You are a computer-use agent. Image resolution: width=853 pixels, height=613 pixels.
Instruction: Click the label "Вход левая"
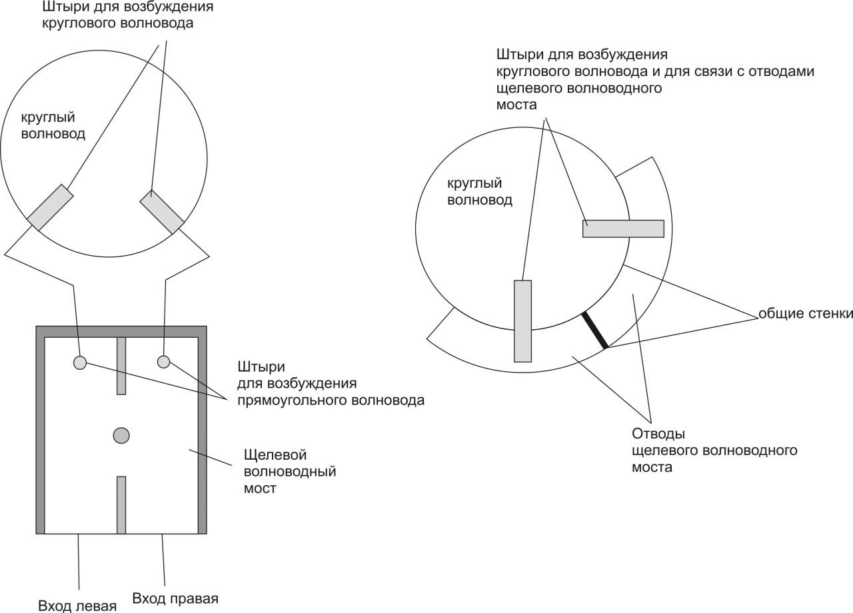pyautogui.click(x=77, y=606)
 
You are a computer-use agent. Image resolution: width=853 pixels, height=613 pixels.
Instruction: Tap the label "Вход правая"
pyautogui.click(x=175, y=597)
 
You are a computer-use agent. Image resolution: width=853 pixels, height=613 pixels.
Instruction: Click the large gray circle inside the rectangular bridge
pyautogui.click(x=121, y=435)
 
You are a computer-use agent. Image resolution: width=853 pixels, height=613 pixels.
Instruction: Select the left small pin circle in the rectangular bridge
pyautogui.click(x=79, y=362)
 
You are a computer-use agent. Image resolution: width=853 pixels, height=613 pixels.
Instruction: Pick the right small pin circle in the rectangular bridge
pyautogui.click(x=163, y=362)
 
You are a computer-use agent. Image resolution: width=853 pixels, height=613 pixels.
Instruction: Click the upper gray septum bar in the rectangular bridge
pyautogui.click(x=121, y=366)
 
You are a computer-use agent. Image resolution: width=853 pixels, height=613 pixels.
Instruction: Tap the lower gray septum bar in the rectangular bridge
pyautogui.click(x=121, y=504)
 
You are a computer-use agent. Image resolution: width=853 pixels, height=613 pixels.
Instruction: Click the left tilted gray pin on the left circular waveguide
pyautogui.click(x=50, y=208)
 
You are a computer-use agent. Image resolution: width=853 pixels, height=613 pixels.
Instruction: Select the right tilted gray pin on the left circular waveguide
pyautogui.click(x=162, y=211)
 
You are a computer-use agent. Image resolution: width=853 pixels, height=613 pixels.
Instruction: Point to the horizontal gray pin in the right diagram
pyautogui.click(x=623, y=229)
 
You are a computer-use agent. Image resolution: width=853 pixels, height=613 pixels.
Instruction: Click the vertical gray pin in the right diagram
pyautogui.click(x=522, y=320)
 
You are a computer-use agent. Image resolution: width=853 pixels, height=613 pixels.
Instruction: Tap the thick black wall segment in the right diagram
pyautogui.click(x=594, y=330)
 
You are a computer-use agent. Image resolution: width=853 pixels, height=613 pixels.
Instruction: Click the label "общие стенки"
pyautogui.click(x=805, y=314)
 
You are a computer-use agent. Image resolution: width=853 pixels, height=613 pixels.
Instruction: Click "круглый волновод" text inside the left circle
pyautogui.click(x=53, y=126)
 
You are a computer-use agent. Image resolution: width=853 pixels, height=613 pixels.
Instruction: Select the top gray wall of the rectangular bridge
pyautogui.click(x=121, y=331)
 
